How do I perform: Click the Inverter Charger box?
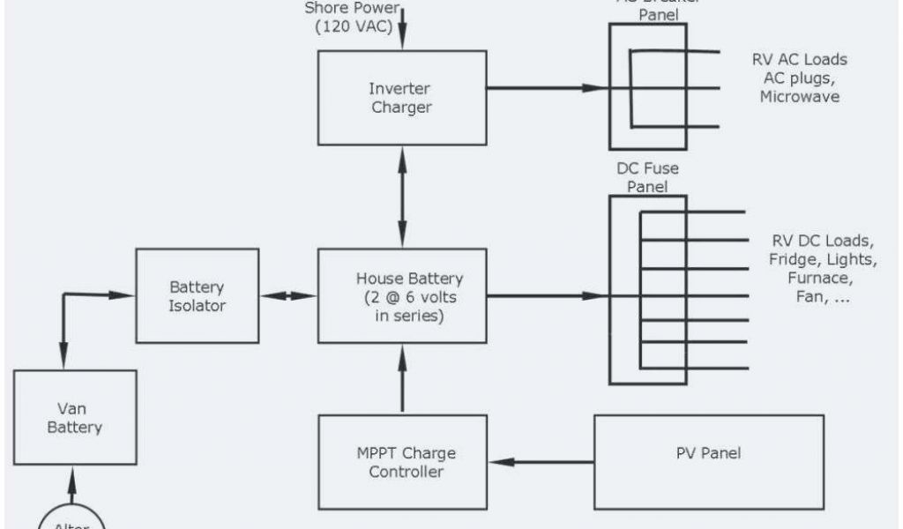[x=402, y=97]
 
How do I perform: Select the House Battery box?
[x=402, y=295]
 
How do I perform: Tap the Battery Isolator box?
[x=197, y=296]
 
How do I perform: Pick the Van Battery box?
[x=75, y=417]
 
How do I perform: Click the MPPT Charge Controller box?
[x=402, y=462]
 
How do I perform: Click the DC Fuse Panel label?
[x=646, y=177]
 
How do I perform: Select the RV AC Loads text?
[x=799, y=60]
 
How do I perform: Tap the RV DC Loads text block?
[x=822, y=269]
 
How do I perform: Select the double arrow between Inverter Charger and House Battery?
[x=403, y=197]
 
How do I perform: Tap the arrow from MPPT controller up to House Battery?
[x=403, y=379]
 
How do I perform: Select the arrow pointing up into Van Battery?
[x=72, y=485]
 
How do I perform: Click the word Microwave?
[x=799, y=97]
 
